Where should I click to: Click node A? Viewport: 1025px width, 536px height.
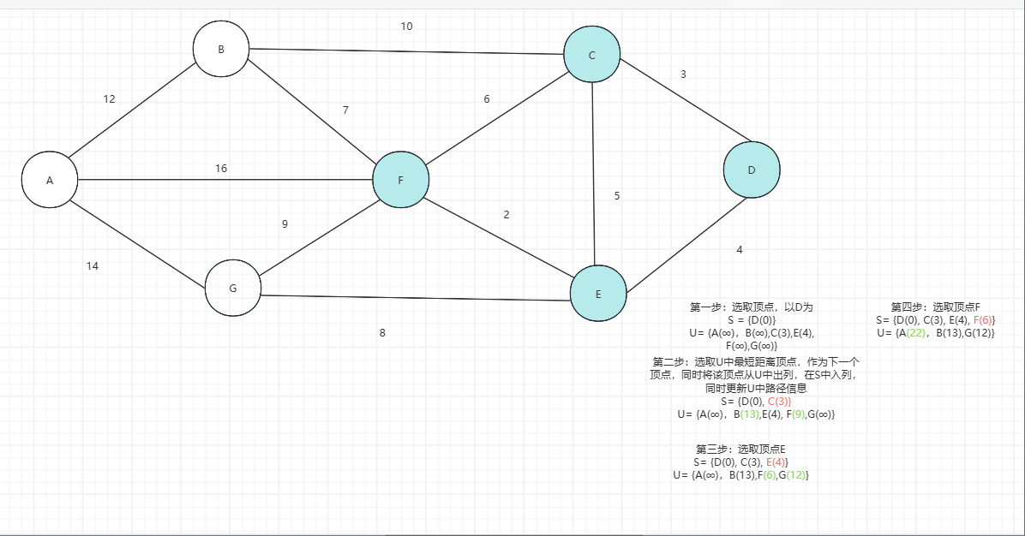pos(50,180)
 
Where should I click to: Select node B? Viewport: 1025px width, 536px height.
pos(221,49)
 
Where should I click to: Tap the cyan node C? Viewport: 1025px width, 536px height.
pos(591,56)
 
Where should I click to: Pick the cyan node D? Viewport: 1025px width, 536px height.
pos(752,170)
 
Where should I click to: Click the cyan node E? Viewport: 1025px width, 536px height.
pos(598,294)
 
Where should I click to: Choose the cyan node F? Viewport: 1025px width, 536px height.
pos(400,180)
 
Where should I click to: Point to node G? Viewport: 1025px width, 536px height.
pos(232,288)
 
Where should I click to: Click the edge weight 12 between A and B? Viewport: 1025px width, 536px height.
pos(109,99)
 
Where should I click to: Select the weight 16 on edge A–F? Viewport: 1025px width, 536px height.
pos(221,169)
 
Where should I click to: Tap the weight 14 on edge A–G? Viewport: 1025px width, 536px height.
pos(93,266)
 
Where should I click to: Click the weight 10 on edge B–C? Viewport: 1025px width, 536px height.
pos(406,27)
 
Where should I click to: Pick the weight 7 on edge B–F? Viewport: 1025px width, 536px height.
pos(345,110)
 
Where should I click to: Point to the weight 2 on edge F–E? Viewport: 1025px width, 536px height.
pos(507,215)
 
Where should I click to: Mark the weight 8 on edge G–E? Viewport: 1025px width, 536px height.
pos(382,333)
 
